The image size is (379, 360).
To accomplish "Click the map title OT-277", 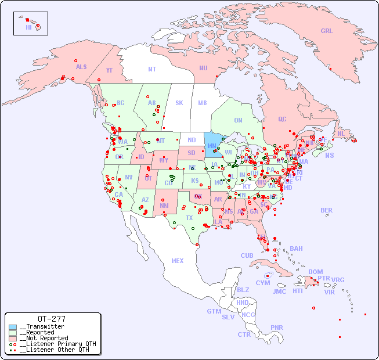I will point(52,319).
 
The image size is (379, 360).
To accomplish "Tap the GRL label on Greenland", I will point(327,31).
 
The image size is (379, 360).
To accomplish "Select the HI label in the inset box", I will point(28,27).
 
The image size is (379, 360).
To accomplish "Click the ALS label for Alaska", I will point(81,67).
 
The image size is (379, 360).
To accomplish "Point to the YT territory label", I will point(109,70).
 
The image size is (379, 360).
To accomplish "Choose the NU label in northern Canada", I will point(203,68).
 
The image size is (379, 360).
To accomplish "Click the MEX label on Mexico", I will point(178,261).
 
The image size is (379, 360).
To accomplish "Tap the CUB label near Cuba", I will point(247,255).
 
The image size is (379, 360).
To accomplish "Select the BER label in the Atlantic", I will point(326,210).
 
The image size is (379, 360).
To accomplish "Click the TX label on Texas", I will point(189,218).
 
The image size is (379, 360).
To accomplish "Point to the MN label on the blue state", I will point(212,146).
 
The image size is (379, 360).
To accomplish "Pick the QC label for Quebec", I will point(282,119).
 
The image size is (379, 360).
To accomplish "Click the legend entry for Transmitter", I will point(42,327).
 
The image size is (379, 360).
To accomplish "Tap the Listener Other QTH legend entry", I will point(54,350).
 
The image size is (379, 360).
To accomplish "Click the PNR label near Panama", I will point(277,327).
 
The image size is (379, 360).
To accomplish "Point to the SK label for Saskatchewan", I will point(179,103).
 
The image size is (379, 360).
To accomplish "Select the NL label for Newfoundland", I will point(341,134).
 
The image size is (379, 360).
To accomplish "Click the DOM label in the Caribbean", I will point(315,272).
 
